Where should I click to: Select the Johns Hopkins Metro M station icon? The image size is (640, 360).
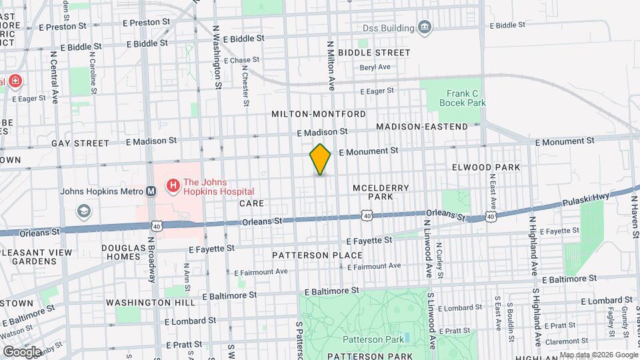(x=151, y=191)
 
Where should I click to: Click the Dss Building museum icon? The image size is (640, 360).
(x=425, y=27)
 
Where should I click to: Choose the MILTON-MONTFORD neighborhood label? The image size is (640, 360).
(x=319, y=114)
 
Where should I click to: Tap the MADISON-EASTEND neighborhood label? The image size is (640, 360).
(x=422, y=127)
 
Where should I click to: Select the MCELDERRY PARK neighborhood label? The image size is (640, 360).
(x=381, y=193)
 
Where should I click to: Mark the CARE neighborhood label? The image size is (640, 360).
(x=251, y=203)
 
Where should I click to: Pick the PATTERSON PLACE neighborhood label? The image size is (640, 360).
(x=317, y=255)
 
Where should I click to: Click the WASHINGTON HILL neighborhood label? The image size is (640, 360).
(x=155, y=302)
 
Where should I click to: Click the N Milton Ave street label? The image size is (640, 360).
(x=330, y=65)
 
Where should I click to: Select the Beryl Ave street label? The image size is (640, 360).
(x=375, y=67)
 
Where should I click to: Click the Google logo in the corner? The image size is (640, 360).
(x=22, y=351)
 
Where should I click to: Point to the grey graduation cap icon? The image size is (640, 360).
(x=84, y=211)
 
